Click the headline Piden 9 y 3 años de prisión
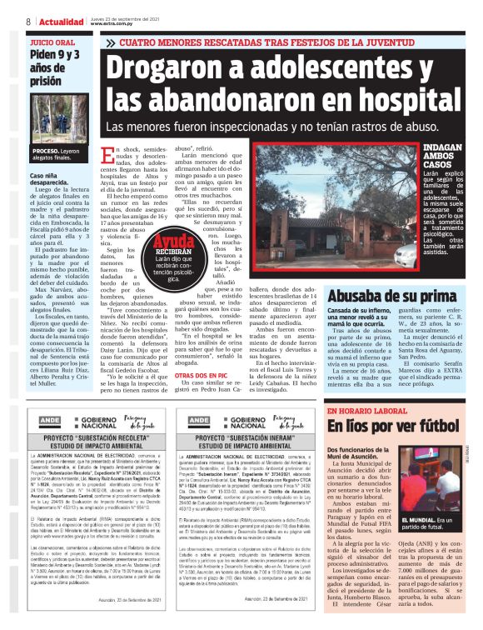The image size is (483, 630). coord(56,67)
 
